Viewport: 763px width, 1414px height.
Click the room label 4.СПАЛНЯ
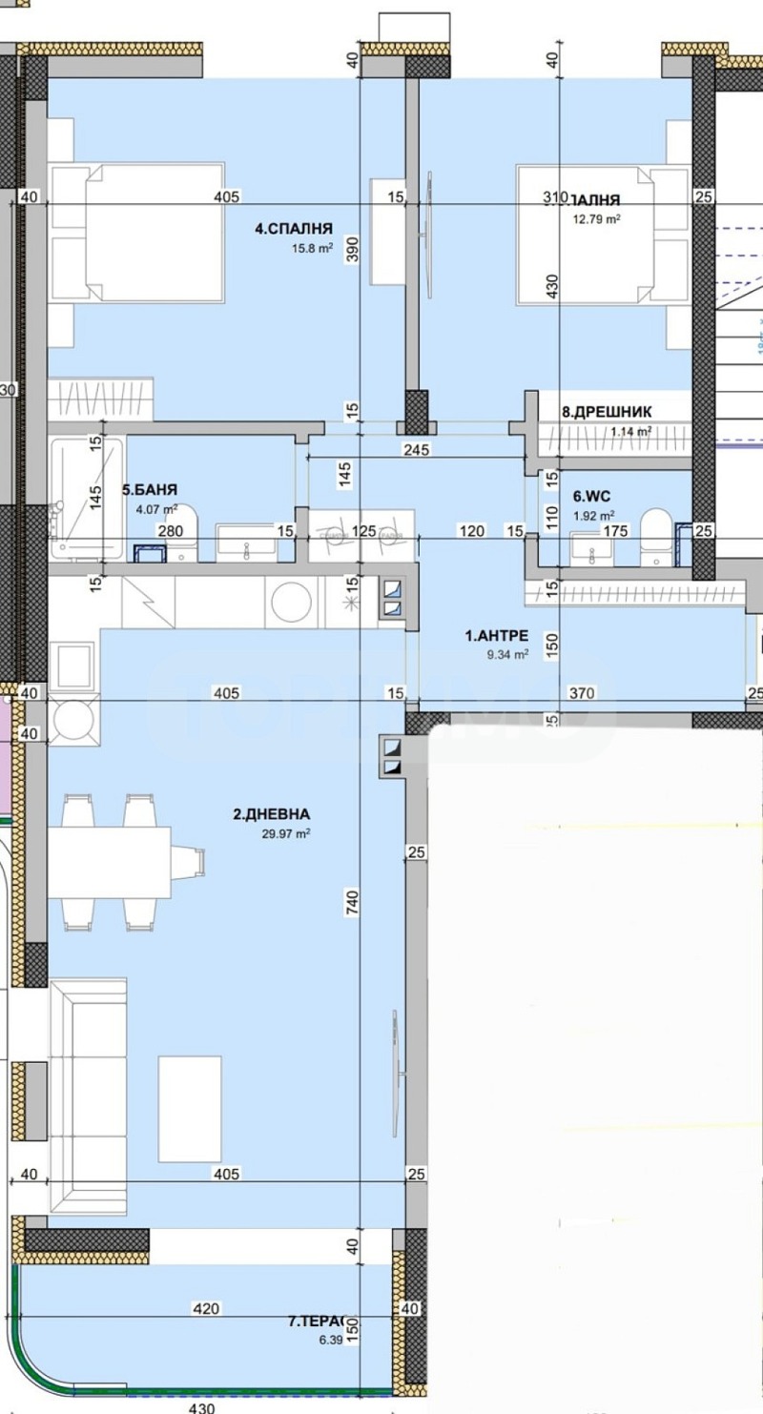[294, 228]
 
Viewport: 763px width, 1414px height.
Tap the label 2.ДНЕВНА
[272, 814]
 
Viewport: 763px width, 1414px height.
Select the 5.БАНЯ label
[150, 490]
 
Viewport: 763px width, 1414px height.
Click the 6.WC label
[591, 496]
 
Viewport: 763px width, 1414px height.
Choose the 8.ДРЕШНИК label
[607, 412]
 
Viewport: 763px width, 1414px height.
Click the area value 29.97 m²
[287, 833]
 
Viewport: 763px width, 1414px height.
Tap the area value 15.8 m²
[313, 248]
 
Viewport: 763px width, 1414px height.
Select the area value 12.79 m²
[596, 218]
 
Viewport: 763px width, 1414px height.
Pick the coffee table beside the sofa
[190, 1095]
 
